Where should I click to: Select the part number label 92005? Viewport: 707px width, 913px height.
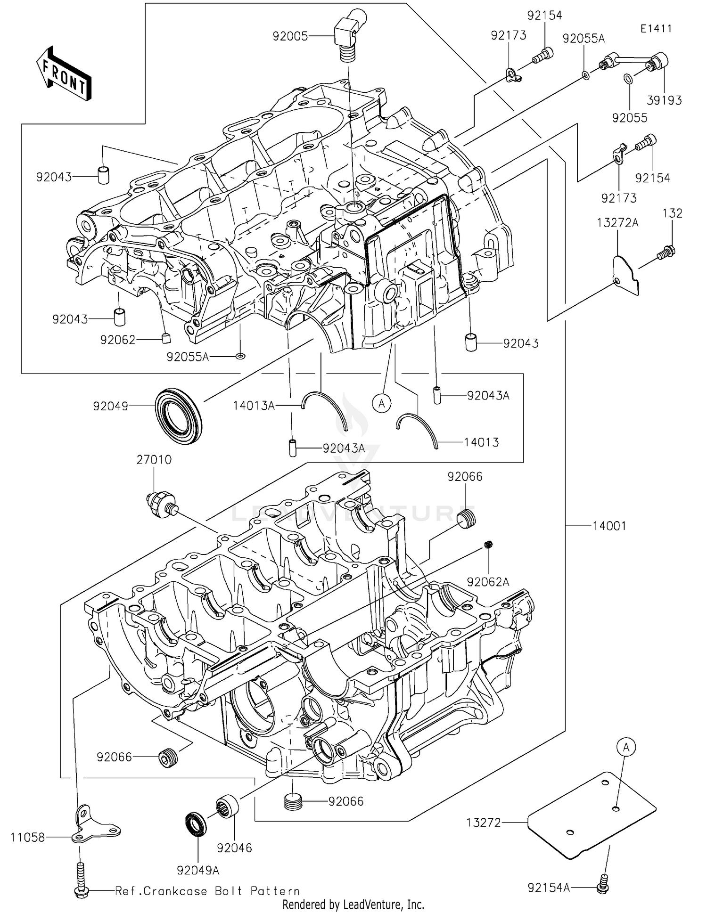(290, 36)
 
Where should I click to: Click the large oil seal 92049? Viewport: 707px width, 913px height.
(178, 416)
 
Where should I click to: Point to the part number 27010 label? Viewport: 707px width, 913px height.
(154, 460)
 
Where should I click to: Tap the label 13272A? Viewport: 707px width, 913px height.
(617, 223)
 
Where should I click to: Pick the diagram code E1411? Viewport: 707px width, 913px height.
(656, 28)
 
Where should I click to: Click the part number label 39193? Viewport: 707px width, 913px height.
(664, 100)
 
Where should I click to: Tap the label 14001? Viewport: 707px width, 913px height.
(609, 526)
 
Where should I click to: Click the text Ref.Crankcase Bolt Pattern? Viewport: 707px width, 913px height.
(207, 891)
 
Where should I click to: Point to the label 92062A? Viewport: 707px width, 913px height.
(488, 582)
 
